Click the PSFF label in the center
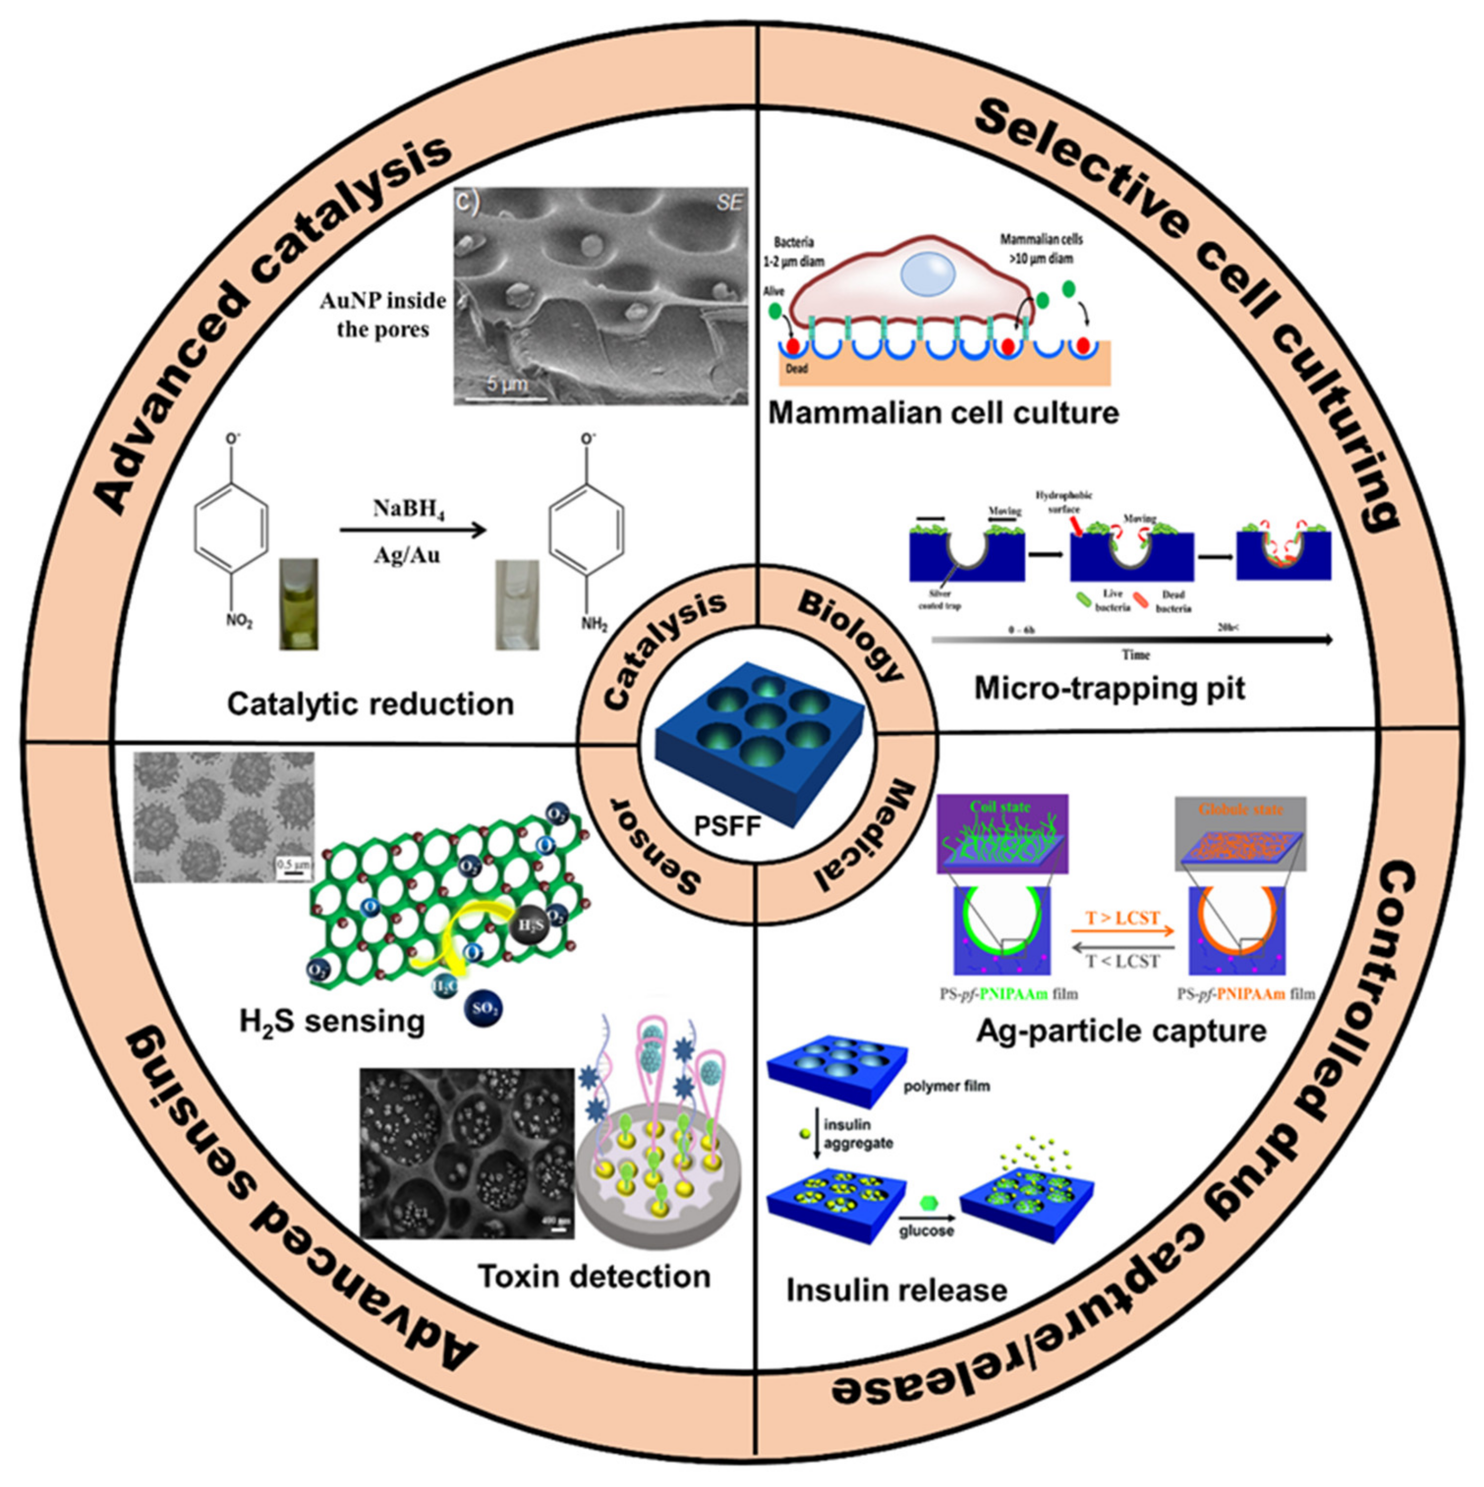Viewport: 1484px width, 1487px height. point(727,826)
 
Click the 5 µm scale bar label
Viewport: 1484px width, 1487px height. point(507,382)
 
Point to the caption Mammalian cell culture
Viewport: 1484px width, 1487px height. point(943,413)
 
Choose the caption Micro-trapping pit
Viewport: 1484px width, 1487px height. point(1109,688)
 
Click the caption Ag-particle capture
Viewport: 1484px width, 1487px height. point(1121,1030)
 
